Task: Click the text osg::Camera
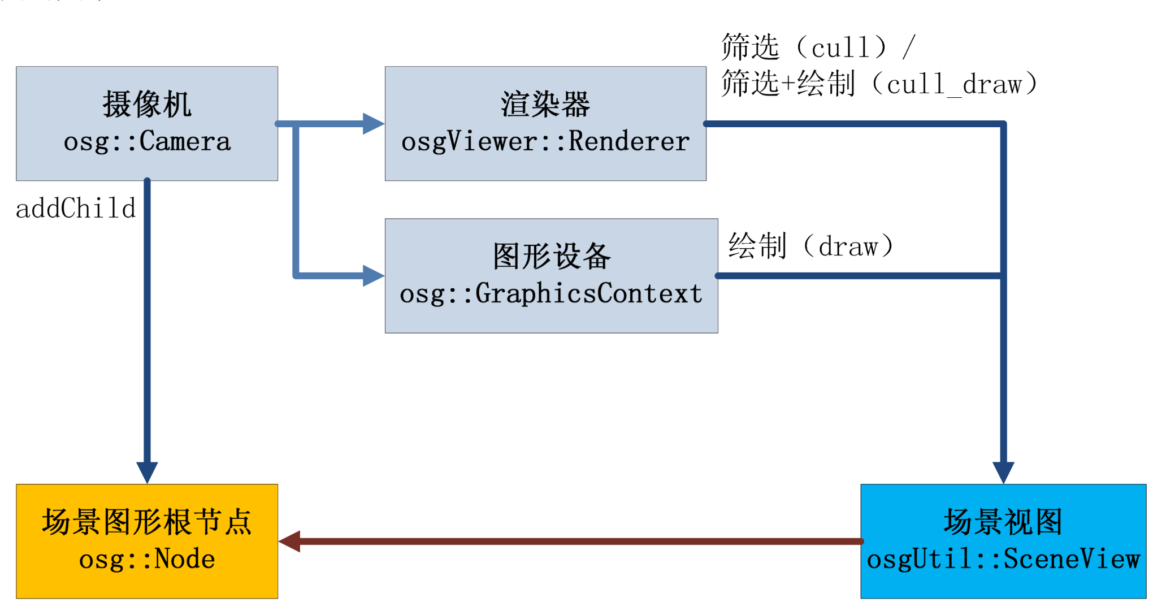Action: click(x=147, y=142)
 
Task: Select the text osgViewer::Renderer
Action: click(x=545, y=142)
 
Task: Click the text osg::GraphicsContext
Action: click(x=551, y=294)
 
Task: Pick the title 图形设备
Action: click(x=552, y=256)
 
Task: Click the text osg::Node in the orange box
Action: click(x=147, y=560)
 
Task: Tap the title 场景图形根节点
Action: click(x=147, y=521)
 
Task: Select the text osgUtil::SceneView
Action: click(x=1003, y=560)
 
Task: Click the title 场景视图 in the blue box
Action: click(x=1003, y=521)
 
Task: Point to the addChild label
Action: click(x=76, y=208)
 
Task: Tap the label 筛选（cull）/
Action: click(x=818, y=47)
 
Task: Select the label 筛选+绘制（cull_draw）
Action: click(x=879, y=84)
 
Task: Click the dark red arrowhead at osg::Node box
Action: click(x=289, y=542)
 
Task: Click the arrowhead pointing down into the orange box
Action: click(x=147, y=473)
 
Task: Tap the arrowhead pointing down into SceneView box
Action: click(x=1003, y=473)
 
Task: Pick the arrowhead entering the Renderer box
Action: click(x=374, y=123)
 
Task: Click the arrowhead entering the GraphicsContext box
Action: click(x=374, y=276)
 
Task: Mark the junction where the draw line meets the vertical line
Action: click(x=1003, y=276)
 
